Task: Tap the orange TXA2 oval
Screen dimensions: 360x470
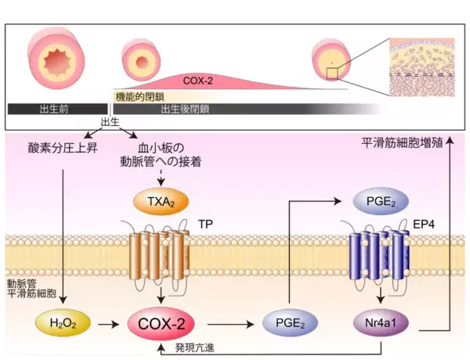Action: point(161,202)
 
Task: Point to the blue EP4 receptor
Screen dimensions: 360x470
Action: point(377,254)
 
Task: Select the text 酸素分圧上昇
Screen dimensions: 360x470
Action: point(62,148)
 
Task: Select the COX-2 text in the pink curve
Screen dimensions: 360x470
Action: point(199,80)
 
